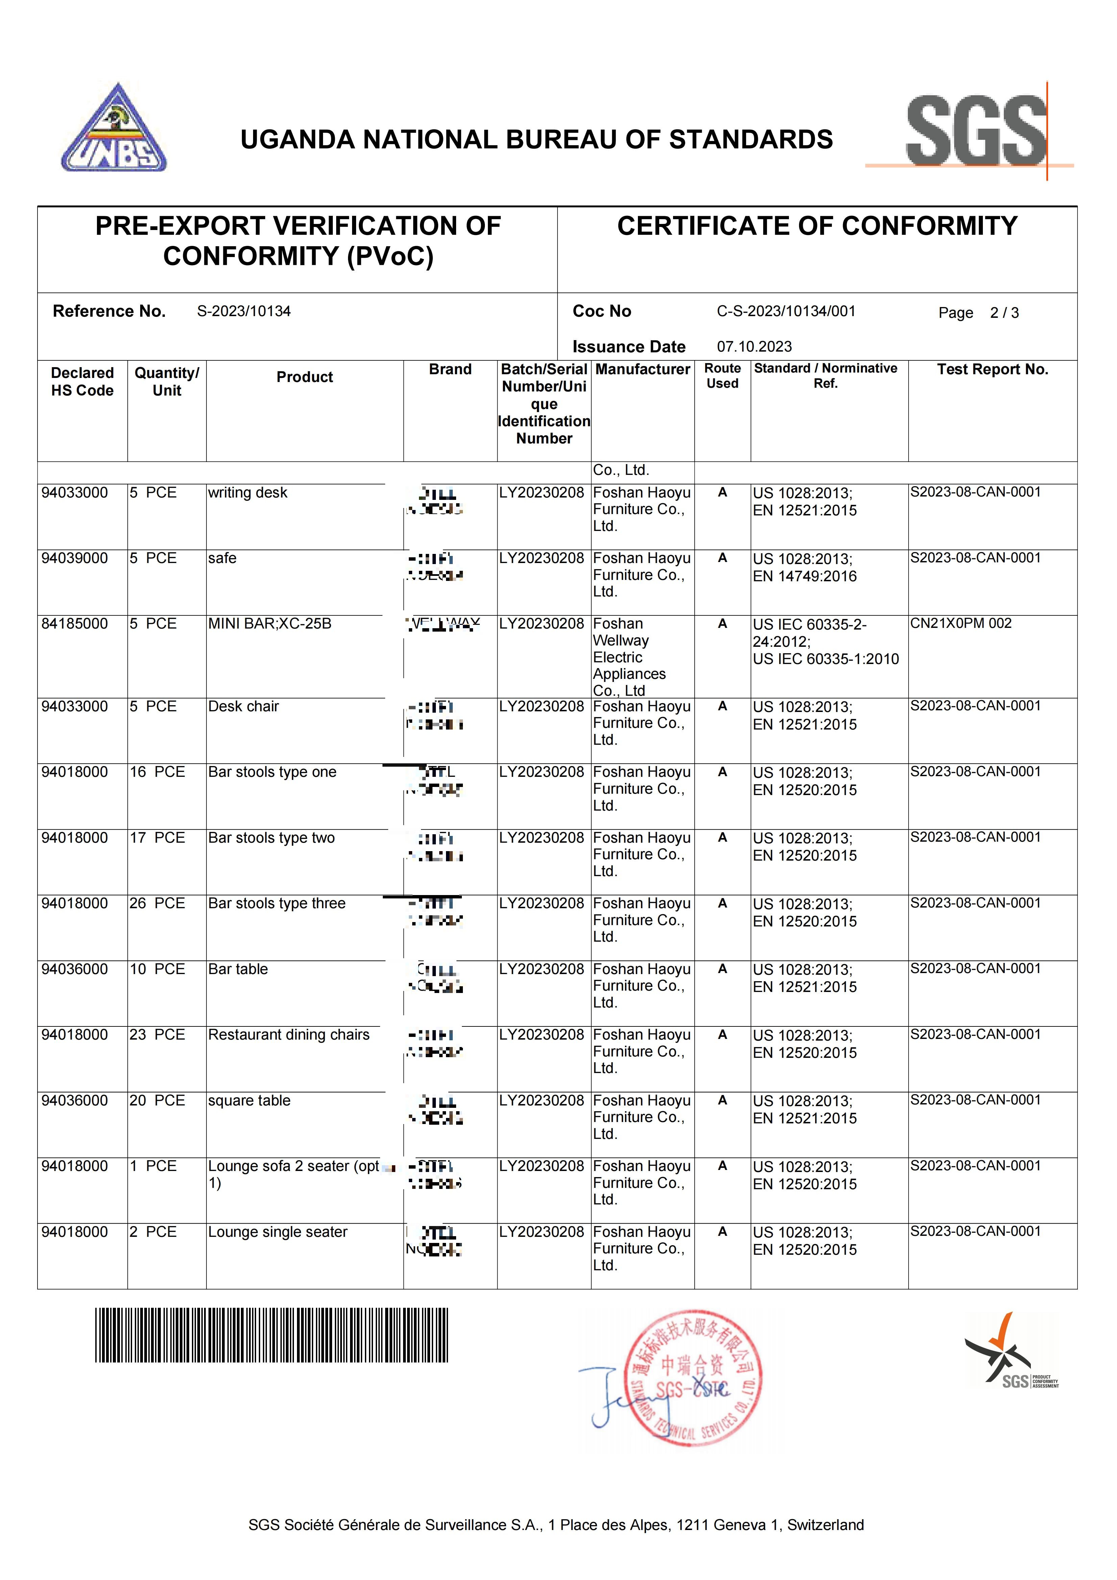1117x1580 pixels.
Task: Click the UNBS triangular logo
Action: [x=114, y=131]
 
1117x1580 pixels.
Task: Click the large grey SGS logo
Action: [x=976, y=131]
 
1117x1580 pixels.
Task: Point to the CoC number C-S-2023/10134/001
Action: [x=786, y=311]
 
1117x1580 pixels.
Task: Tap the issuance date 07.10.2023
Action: [x=754, y=347]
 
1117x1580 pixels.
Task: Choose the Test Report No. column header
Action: [x=992, y=369]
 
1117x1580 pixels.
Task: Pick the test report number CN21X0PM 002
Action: [x=961, y=623]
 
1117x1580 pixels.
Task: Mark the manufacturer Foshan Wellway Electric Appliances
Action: [x=629, y=657]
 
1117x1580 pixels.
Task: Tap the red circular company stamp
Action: [x=694, y=1378]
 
